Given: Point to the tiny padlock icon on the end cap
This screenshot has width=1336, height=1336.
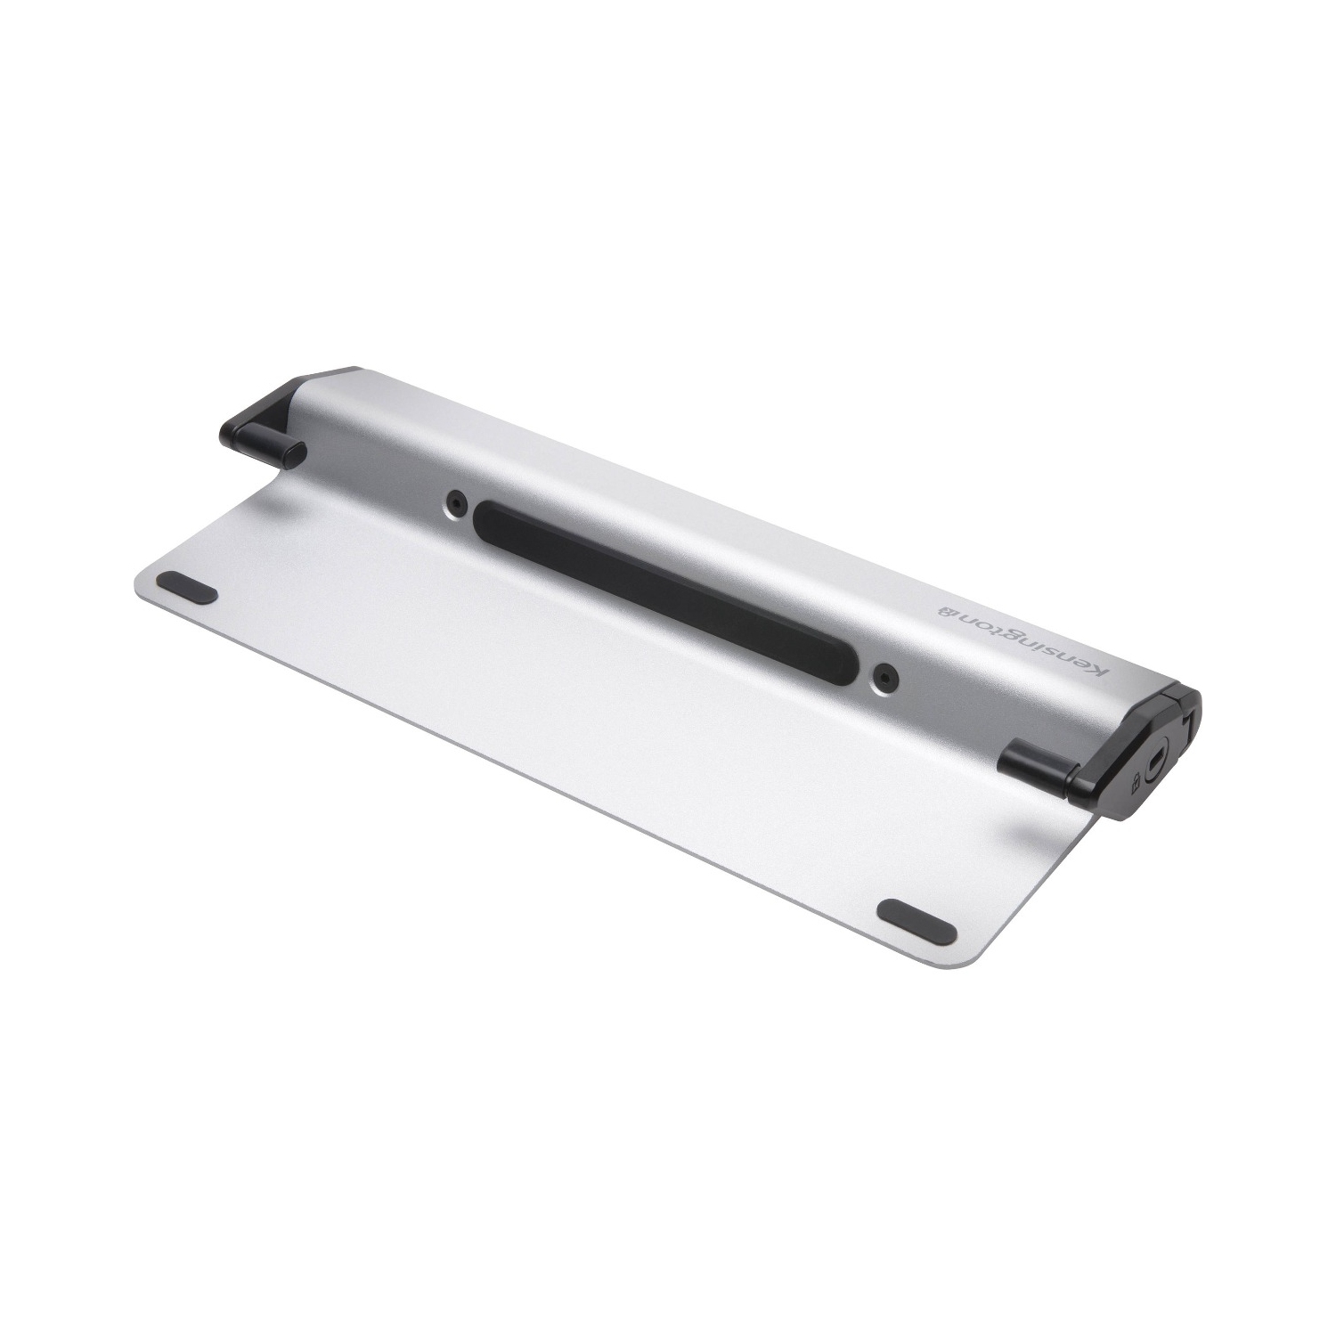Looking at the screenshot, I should [1136, 784].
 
